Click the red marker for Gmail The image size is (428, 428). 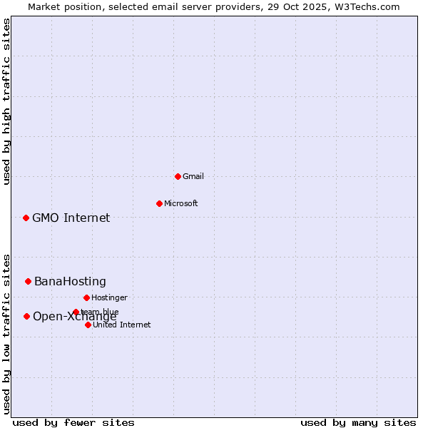pyautogui.click(x=178, y=176)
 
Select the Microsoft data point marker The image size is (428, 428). pyautogui.click(x=159, y=203)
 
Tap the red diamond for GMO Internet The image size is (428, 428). pyautogui.click(x=26, y=218)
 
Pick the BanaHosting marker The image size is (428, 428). pyautogui.click(x=28, y=281)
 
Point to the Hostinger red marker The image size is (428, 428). pyautogui.click(x=86, y=297)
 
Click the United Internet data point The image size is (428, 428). pyautogui.click(x=88, y=325)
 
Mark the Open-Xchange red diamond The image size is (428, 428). pyautogui.click(x=26, y=316)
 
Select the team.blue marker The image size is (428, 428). pyautogui.click(x=76, y=312)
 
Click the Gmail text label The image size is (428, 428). pyautogui.click(x=193, y=176)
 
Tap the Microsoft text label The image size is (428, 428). pyautogui.click(x=181, y=203)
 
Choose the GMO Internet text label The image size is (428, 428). pyautogui.click(x=71, y=218)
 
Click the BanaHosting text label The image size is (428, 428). pyautogui.click(x=70, y=281)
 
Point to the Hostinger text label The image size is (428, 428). pyautogui.click(x=109, y=297)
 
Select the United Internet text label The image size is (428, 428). pyautogui.click(x=122, y=325)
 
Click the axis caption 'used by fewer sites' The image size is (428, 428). pyautogui.click(x=73, y=422)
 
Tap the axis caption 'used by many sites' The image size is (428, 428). pyautogui.click(x=358, y=422)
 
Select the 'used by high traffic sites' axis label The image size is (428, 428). pyautogui.click(x=6, y=101)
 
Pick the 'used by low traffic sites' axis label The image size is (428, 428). pyautogui.click(x=6, y=333)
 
